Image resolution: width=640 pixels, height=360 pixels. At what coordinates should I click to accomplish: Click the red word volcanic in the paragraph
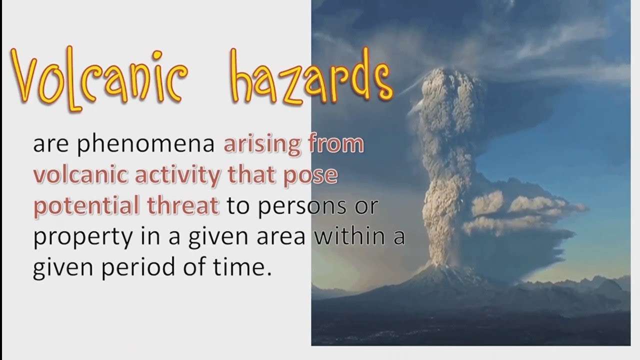(x=70, y=176)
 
